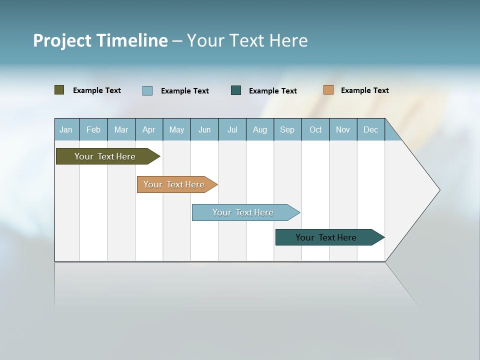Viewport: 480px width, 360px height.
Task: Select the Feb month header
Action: point(93,129)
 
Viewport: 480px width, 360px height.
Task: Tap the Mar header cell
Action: point(121,129)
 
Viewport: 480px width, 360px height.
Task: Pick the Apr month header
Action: point(149,129)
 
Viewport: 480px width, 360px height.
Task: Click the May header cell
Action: point(176,129)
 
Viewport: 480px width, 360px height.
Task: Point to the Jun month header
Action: point(204,129)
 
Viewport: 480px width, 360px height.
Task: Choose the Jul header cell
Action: point(232,129)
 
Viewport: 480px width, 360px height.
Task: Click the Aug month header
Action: point(260,129)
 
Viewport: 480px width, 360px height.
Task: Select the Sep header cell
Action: point(287,129)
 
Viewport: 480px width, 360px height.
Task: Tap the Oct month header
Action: point(315,129)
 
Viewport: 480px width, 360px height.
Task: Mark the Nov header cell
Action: point(343,129)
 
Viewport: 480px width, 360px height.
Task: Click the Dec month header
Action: point(371,129)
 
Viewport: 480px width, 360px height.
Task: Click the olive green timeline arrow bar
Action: point(105,156)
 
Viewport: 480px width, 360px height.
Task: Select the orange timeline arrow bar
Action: point(174,184)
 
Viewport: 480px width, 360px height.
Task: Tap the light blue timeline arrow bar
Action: point(243,212)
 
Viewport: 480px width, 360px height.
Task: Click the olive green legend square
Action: point(59,90)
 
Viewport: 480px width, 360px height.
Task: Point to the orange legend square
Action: point(328,90)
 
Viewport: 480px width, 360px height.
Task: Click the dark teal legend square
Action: point(236,90)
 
